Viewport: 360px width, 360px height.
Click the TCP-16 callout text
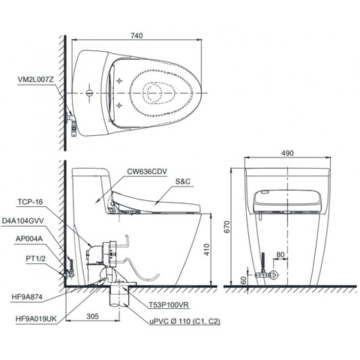(x=31, y=201)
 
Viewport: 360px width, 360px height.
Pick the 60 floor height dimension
(x=244, y=279)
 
